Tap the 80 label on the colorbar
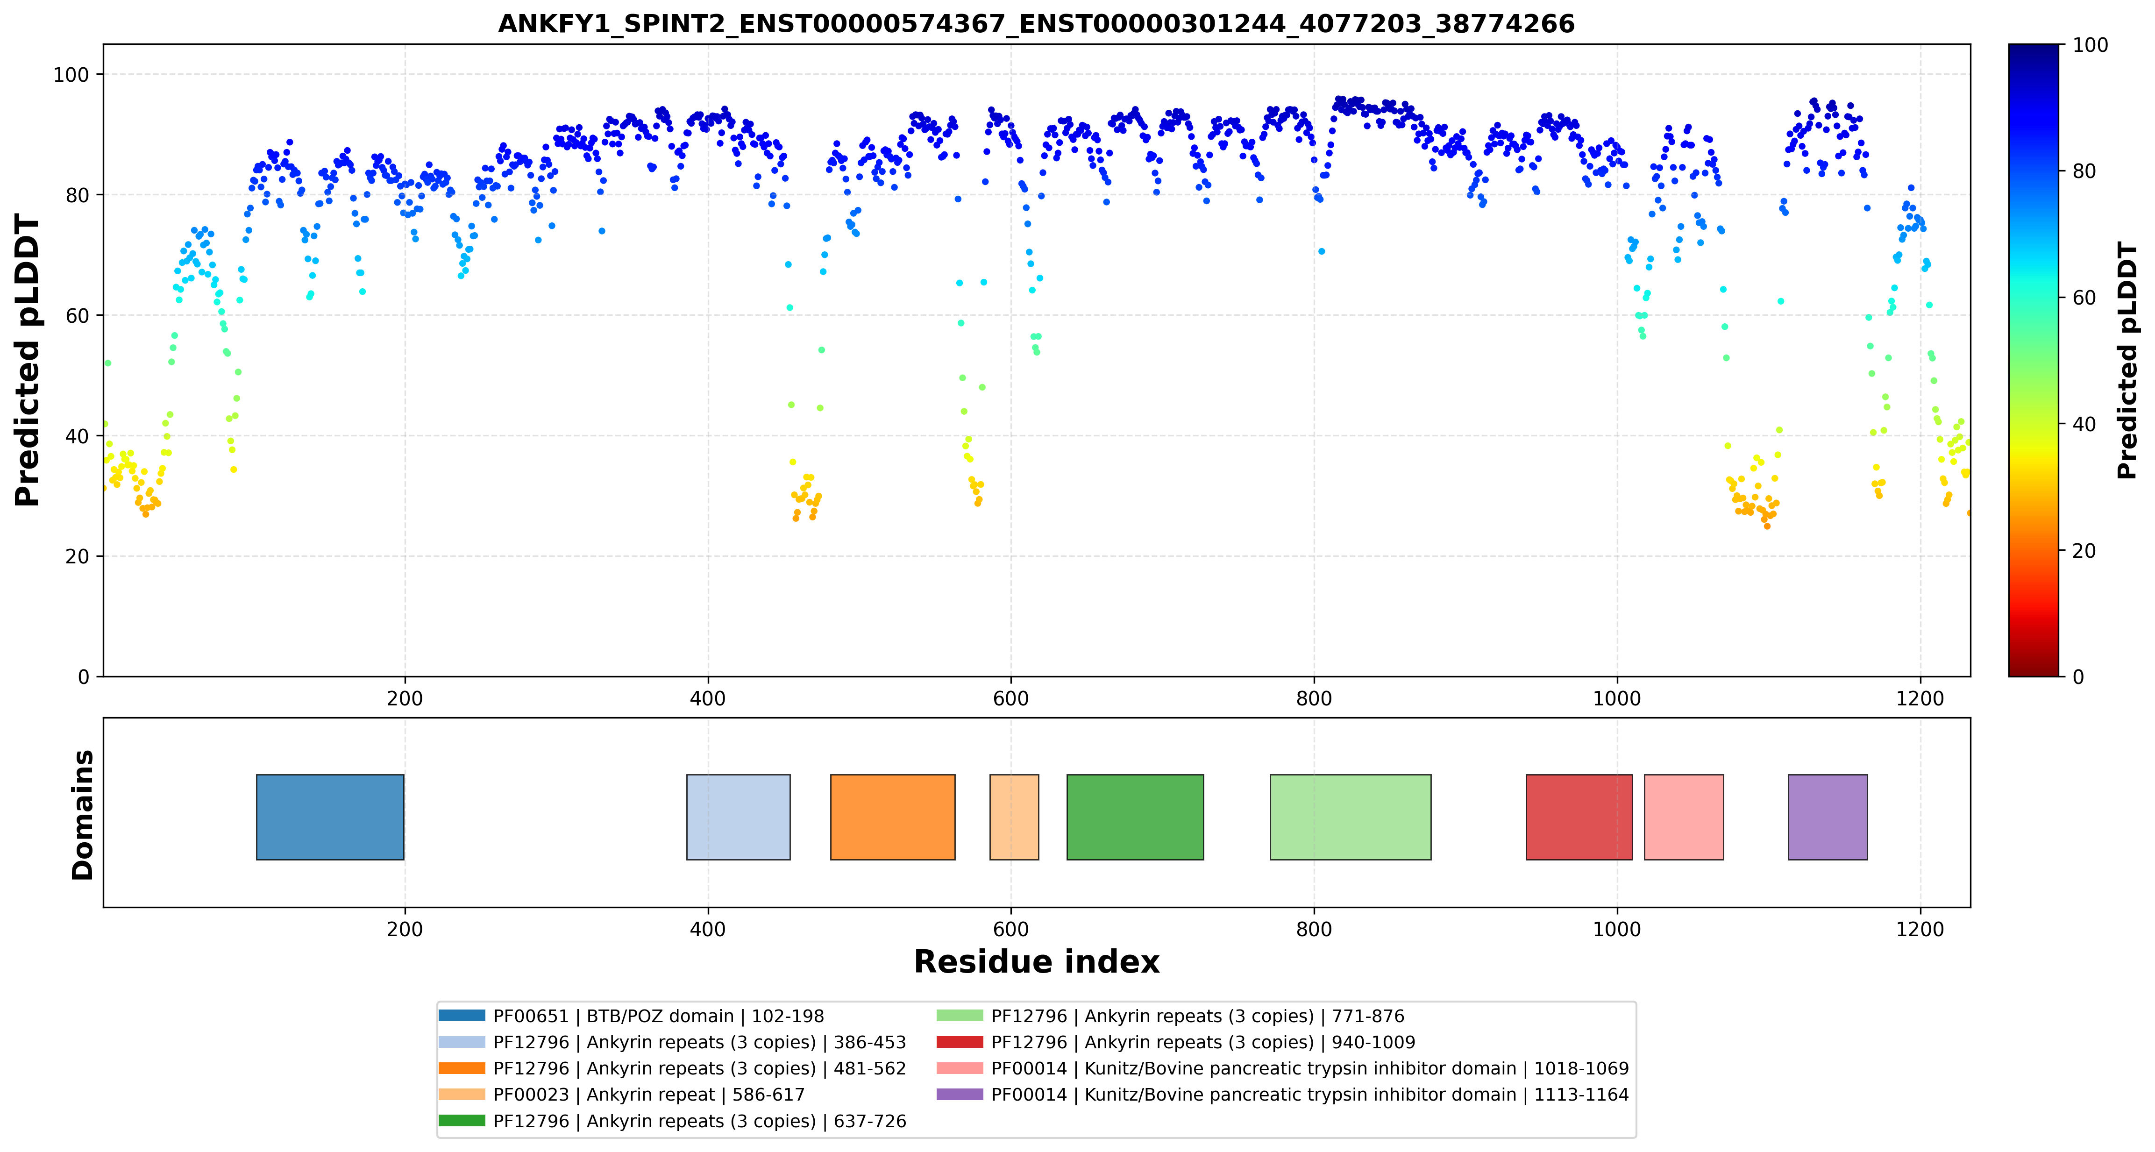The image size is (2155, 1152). point(2083,171)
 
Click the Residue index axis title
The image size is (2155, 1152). point(1037,962)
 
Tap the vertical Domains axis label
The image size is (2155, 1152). point(83,815)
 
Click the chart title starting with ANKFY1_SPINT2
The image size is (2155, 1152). point(1037,23)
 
